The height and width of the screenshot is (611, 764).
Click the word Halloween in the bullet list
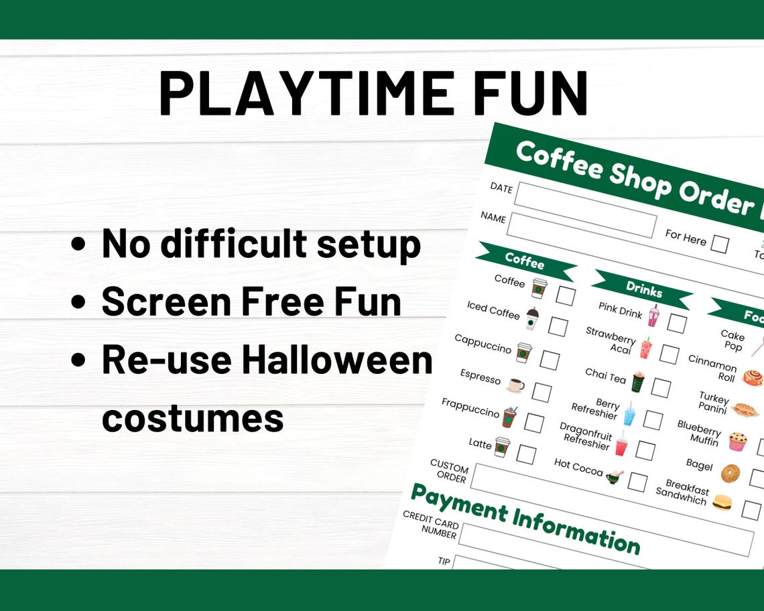coord(337,360)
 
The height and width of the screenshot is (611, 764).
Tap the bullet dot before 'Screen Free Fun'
coord(78,303)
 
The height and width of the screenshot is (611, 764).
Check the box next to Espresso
coord(541,393)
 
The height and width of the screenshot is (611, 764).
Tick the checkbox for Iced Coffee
coord(558,326)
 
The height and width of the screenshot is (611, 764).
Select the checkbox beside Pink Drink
coord(676,324)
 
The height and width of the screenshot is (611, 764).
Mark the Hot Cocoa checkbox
coord(637,482)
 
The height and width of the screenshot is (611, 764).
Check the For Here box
coord(719,244)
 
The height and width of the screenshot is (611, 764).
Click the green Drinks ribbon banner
coord(643,289)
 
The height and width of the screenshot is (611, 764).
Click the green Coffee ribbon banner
coord(525,261)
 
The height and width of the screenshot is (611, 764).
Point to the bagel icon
coord(730,473)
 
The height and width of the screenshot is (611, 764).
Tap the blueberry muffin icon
coord(738,442)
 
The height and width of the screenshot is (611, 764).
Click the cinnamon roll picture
coord(753,377)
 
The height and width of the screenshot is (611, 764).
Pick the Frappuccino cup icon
coord(509,417)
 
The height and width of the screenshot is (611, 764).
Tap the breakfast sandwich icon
coord(722,502)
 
